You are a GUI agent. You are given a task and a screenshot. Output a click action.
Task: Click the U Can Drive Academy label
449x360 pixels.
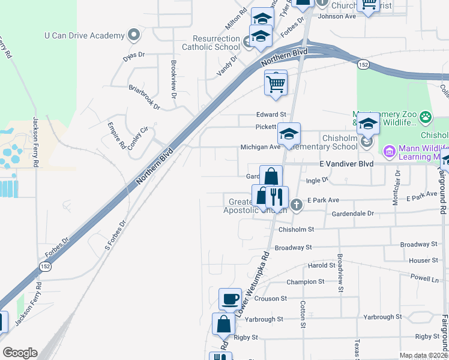pos(84,36)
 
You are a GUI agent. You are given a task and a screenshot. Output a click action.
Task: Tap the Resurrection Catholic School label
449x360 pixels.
pos(210,42)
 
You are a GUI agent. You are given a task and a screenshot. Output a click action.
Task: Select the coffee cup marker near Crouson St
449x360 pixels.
pos(230,299)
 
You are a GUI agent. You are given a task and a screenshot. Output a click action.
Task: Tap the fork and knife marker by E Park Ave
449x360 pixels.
pos(277,197)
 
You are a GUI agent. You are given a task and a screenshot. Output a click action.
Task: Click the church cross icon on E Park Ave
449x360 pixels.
pos(296,206)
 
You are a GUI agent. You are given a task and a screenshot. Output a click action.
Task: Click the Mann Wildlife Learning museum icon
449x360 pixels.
pos(388,151)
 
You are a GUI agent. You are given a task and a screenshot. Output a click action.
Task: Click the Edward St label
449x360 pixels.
pos(271,115)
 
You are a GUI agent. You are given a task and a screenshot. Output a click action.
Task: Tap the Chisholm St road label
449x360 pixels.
pos(296,229)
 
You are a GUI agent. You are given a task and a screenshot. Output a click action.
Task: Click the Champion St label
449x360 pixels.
pos(305,281)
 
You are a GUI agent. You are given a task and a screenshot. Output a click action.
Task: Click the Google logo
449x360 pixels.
pos(20,353)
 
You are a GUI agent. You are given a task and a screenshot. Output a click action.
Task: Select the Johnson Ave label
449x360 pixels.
pos(337,16)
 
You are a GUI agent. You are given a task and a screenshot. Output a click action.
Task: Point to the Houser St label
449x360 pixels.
pos(420,260)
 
